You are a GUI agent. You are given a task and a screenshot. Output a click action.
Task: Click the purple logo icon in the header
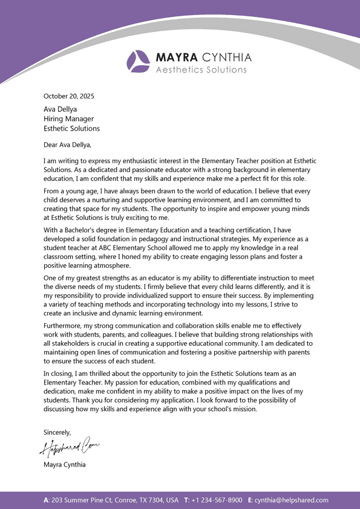click(x=138, y=61)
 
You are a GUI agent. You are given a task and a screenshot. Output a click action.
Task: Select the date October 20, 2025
click(x=69, y=96)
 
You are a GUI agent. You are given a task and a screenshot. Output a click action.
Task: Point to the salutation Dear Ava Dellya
click(x=67, y=144)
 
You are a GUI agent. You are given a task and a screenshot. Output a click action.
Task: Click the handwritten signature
click(x=70, y=448)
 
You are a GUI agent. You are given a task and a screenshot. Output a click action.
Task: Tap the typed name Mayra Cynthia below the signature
click(x=65, y=465)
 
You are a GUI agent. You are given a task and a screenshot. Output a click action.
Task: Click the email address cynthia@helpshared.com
click(x=292, y=500)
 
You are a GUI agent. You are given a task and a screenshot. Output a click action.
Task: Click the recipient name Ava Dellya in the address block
click(x=60, y=109)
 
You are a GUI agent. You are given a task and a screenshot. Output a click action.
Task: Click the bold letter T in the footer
click(x=186, y=500)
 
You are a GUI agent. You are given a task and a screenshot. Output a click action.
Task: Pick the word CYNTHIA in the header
click(x=226, y=57)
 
